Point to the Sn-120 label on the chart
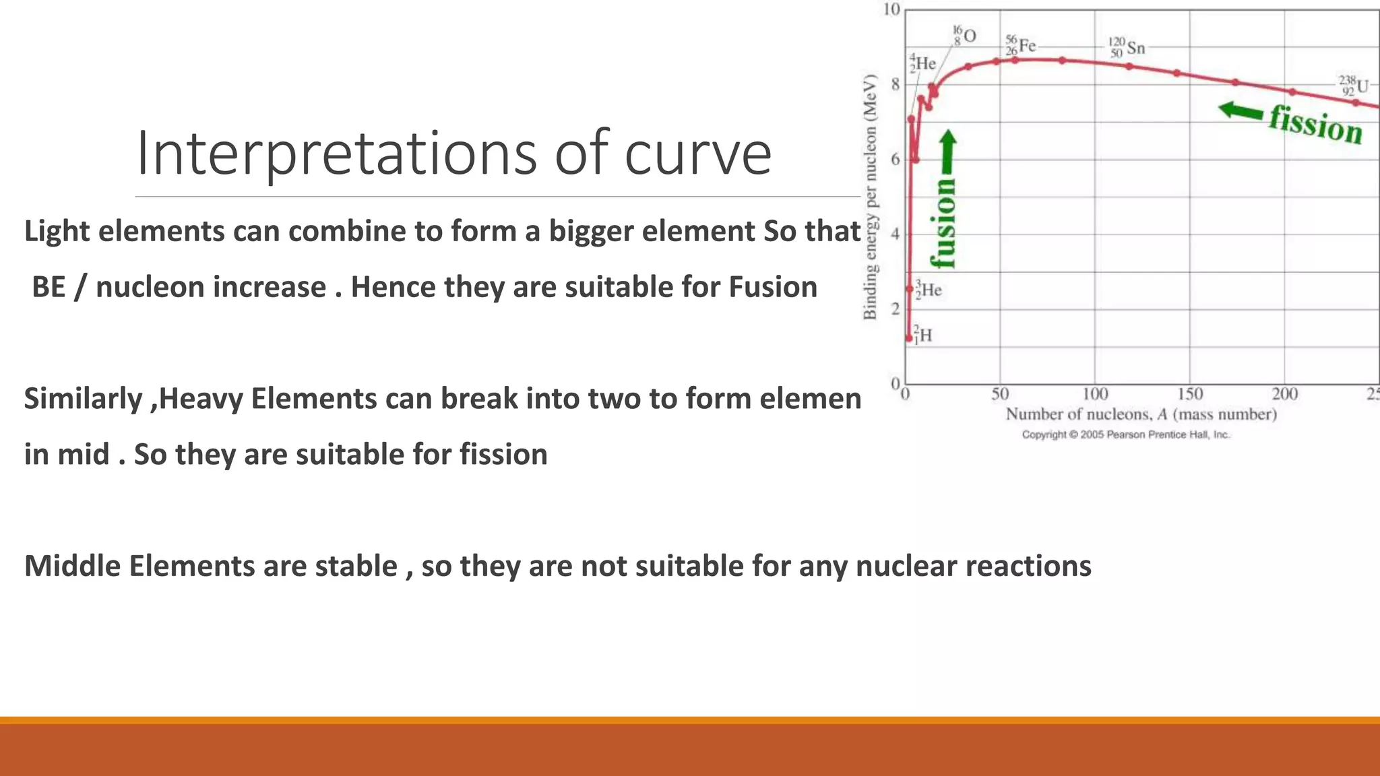coord(1127,47)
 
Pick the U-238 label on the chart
coord(1353,86)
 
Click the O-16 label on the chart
coord(964,35)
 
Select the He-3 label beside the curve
coord(928,290)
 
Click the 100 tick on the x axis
coord(1095,393)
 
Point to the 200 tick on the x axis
coord(1284,393)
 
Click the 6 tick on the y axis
coord(896,159)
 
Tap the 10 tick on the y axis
coord(891,9)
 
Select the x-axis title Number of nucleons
coord(1141,414)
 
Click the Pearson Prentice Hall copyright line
coord(1125,434)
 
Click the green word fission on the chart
coord(1315,125)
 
